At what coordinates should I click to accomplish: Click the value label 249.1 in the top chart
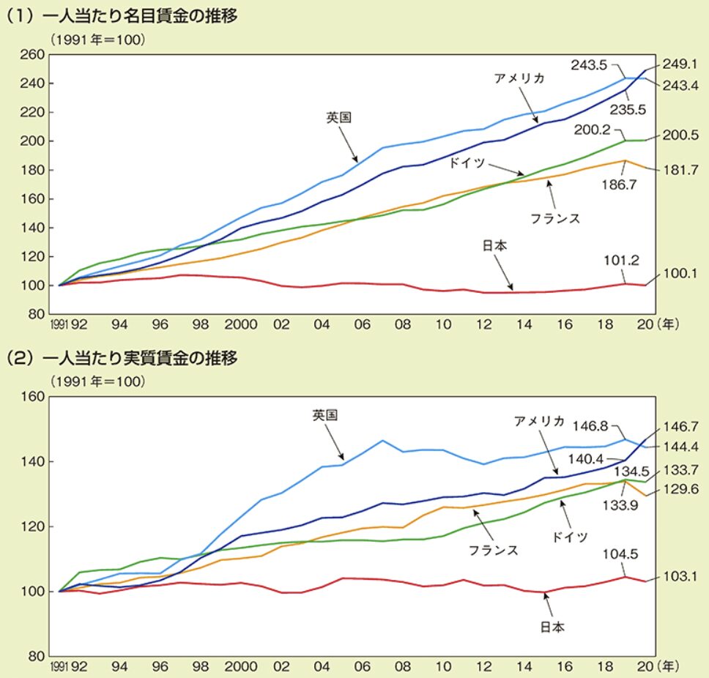click(x=680, y=64)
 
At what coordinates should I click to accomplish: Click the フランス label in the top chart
click(x=556, y=218)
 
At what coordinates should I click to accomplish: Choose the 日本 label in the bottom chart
click(x=552, y=627)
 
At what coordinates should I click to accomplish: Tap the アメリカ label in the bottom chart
click(x=539, y=420)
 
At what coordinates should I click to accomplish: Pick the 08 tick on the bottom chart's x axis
click(x=401, y=668)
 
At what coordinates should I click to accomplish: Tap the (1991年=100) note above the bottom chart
click(x=97, y=381)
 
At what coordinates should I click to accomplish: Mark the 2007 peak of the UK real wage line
click(x=383, y=440)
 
